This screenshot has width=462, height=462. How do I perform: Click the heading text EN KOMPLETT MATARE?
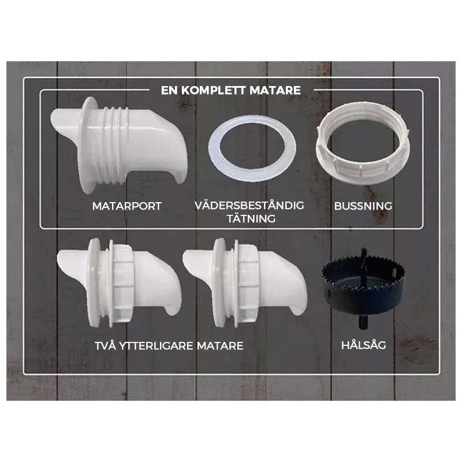pos(230,90)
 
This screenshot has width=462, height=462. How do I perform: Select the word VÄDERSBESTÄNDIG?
pos(249,206)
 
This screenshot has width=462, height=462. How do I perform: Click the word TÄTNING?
pos(249,218)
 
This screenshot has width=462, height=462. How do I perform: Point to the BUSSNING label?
pos(363,206)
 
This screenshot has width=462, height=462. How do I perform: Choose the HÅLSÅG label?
pos(363,345)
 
